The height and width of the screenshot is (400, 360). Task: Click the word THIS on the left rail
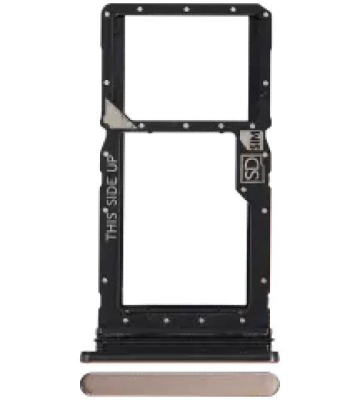click(113, 226)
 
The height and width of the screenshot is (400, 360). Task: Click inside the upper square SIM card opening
click(186, 67)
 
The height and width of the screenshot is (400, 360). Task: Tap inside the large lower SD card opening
click(185, 219)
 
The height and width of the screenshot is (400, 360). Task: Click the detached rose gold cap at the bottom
click(179, 385)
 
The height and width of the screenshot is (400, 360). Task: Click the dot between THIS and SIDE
click(105, 210)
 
